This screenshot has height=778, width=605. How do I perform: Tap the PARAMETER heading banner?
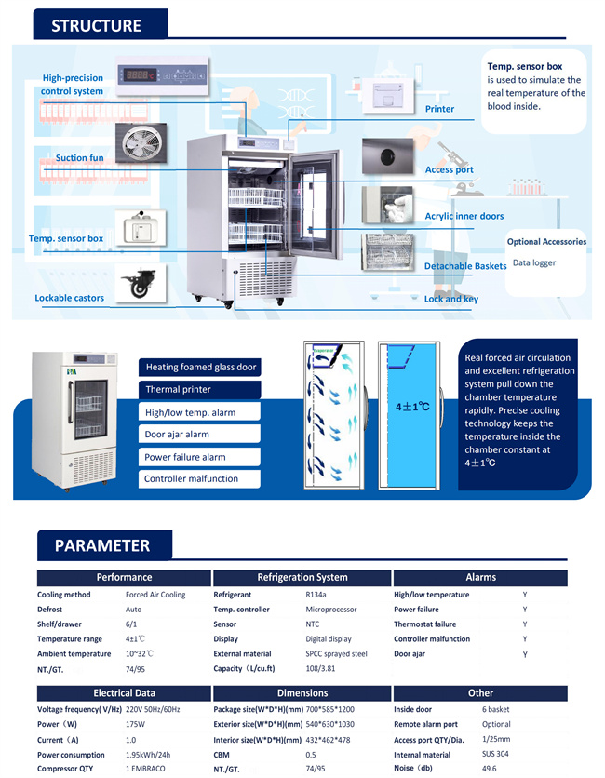(101, 545)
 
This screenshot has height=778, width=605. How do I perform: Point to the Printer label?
(439, 109)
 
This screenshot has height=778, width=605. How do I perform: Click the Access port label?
(450, 170)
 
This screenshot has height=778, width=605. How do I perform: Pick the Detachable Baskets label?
(465, 266)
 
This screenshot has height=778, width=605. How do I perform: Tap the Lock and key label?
(451, 299)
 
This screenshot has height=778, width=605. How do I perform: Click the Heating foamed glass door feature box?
(200, 368)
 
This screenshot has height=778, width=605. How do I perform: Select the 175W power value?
(136, 725)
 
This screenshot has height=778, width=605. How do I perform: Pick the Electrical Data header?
(125, 693)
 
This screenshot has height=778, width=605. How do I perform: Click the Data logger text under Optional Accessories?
(534, 263)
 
